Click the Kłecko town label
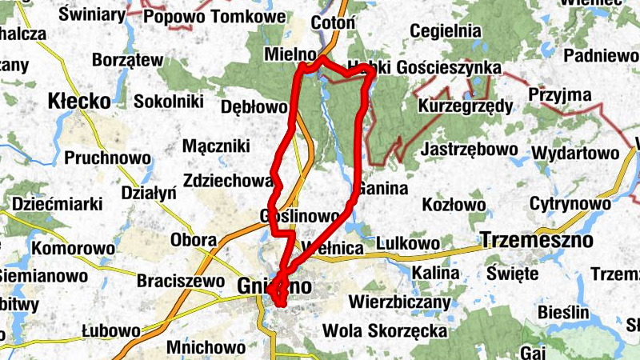pos(78,102)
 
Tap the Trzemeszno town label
pos(537,239)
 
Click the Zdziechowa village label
pos(226,181)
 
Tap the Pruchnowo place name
pos(107,158)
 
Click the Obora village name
pos(194,239)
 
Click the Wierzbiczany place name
pos(400,303)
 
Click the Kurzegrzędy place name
pos(465,106)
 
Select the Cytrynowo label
pos(570,204)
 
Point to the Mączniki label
pos(216,146)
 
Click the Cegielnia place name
pos(445,30)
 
